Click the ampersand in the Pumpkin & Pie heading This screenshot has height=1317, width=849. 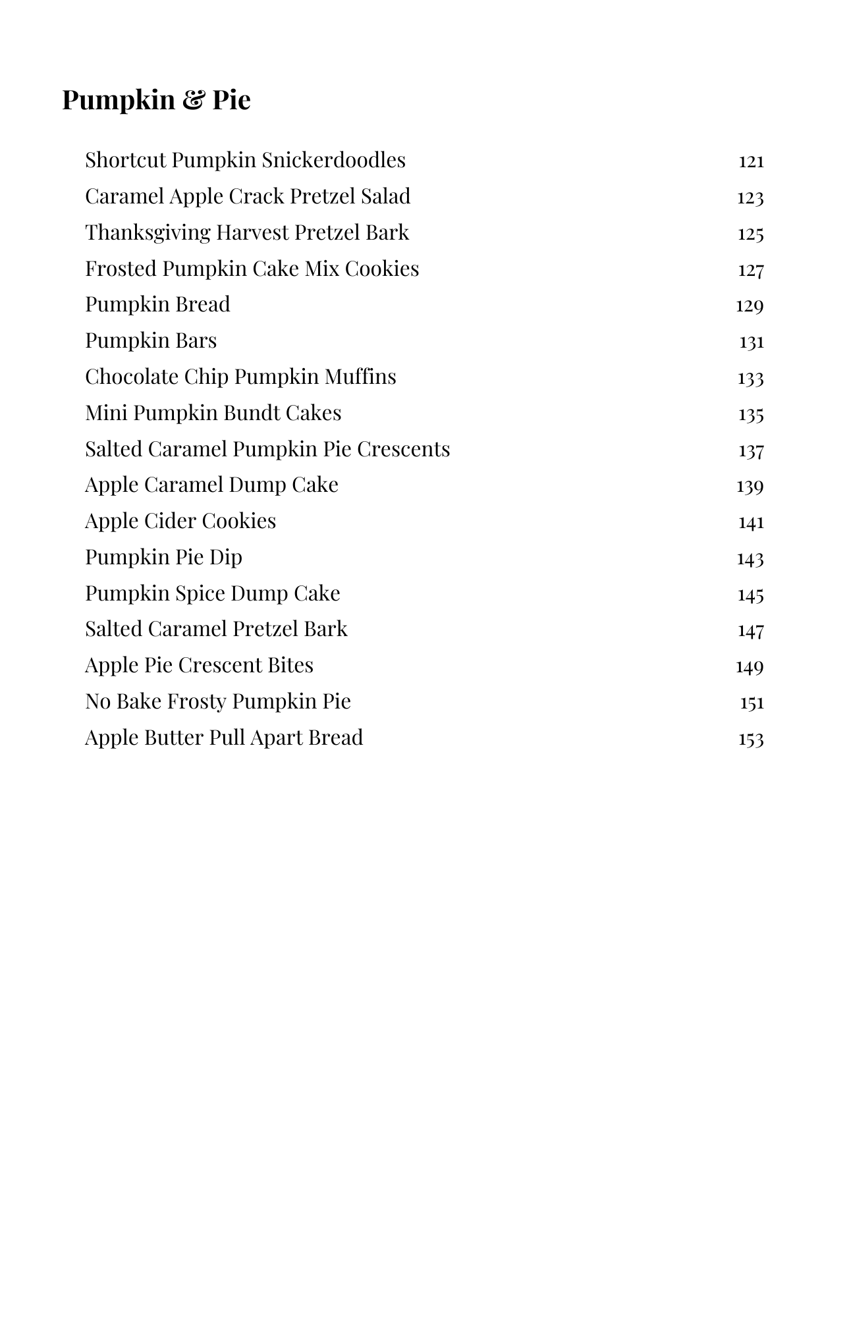[193, 100]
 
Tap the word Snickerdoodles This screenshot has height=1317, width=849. [333, 160]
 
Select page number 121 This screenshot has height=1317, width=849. [751, 161]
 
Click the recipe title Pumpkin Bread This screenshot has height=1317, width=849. [157, 304]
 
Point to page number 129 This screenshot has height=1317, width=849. [750, 306]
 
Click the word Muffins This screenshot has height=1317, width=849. [360, 377]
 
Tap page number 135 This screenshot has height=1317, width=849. [751, 414]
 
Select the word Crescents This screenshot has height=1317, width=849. [403, 449]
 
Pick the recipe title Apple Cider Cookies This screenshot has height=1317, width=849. [180, 521]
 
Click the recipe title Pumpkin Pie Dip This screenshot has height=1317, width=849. [163, 557]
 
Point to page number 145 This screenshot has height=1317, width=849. [751, 595]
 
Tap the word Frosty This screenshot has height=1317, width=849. [196, 701]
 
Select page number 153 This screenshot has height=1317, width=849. [751, 739]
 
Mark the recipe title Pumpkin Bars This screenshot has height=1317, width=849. [151, 340]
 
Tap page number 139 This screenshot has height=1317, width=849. [750, 486]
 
